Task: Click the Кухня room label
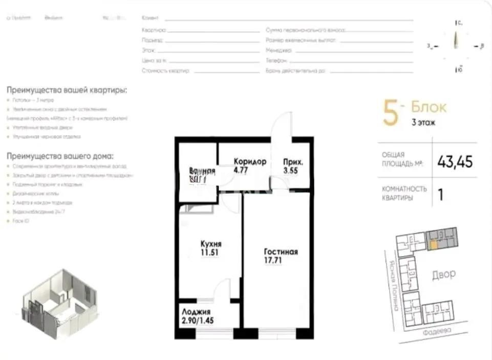click(211, 244)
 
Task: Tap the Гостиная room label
click(281, 252)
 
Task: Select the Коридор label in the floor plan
click(250, 161)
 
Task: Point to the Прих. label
click(293, 162)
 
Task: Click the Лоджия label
click(196, 311)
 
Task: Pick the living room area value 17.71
click(273, 260)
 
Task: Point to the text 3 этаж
click(423, 123)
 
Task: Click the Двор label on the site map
click(443, 274)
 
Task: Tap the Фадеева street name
click(437, 331)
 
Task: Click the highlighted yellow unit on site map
click(434, 245)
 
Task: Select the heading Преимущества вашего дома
click(60, 156)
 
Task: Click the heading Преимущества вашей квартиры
click(67, 90)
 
